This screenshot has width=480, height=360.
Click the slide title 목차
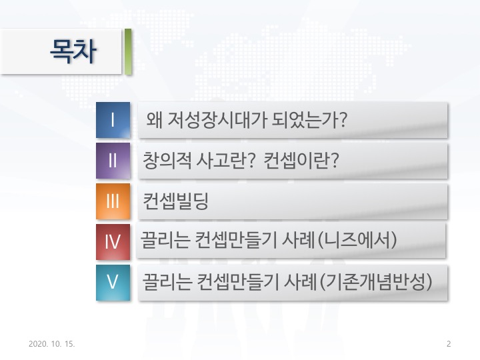click(x=73, y=51)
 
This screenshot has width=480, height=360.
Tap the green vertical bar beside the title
click(x=128, y=52)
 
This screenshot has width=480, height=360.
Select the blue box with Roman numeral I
click(x=113, y=120)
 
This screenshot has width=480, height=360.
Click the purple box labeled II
click(x=113, y=161)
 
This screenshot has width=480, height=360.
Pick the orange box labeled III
click(x=113, y=201)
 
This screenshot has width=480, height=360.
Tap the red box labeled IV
click(x=113, y=242)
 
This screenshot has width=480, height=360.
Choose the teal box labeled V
click(x=113, y=283)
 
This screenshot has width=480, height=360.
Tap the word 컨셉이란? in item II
click(x=301, y=161)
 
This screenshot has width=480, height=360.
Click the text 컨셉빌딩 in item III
click(x=175, y=201)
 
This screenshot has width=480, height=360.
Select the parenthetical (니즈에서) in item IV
click(x=357, y=240)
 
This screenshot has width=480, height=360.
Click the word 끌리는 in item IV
click(x=165, y=240)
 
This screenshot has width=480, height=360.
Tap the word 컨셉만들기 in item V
click(x=238, y=281)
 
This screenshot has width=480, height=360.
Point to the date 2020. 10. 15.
click(x=52, y=344)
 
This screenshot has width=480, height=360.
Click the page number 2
click(x=449, y=344)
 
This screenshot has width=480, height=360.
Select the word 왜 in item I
click(x=155, y=120)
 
